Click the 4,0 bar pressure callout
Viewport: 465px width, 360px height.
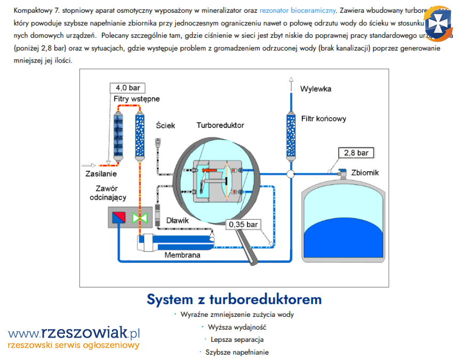click(127, 88)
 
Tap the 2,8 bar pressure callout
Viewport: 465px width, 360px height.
click(356, 153)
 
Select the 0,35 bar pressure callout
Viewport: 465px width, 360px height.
click(243, 225)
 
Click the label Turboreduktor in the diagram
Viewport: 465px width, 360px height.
click(220, 125)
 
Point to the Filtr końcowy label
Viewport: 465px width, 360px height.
click(324, 119)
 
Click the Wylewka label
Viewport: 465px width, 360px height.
click(315, 89)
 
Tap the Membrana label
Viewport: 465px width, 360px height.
click(182, 255)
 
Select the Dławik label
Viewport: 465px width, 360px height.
click(178, 220)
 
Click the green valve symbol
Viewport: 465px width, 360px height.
click(141, 218)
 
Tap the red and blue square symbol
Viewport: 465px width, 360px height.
click(118, 218)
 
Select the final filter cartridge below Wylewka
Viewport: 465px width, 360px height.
click(291, 135)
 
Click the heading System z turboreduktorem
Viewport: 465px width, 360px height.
click(234, 299)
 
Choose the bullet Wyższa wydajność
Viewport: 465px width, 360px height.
click(237, 327)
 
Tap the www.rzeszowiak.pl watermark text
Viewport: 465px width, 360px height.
click(74, 334)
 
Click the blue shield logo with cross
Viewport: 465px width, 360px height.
click(438, 22)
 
